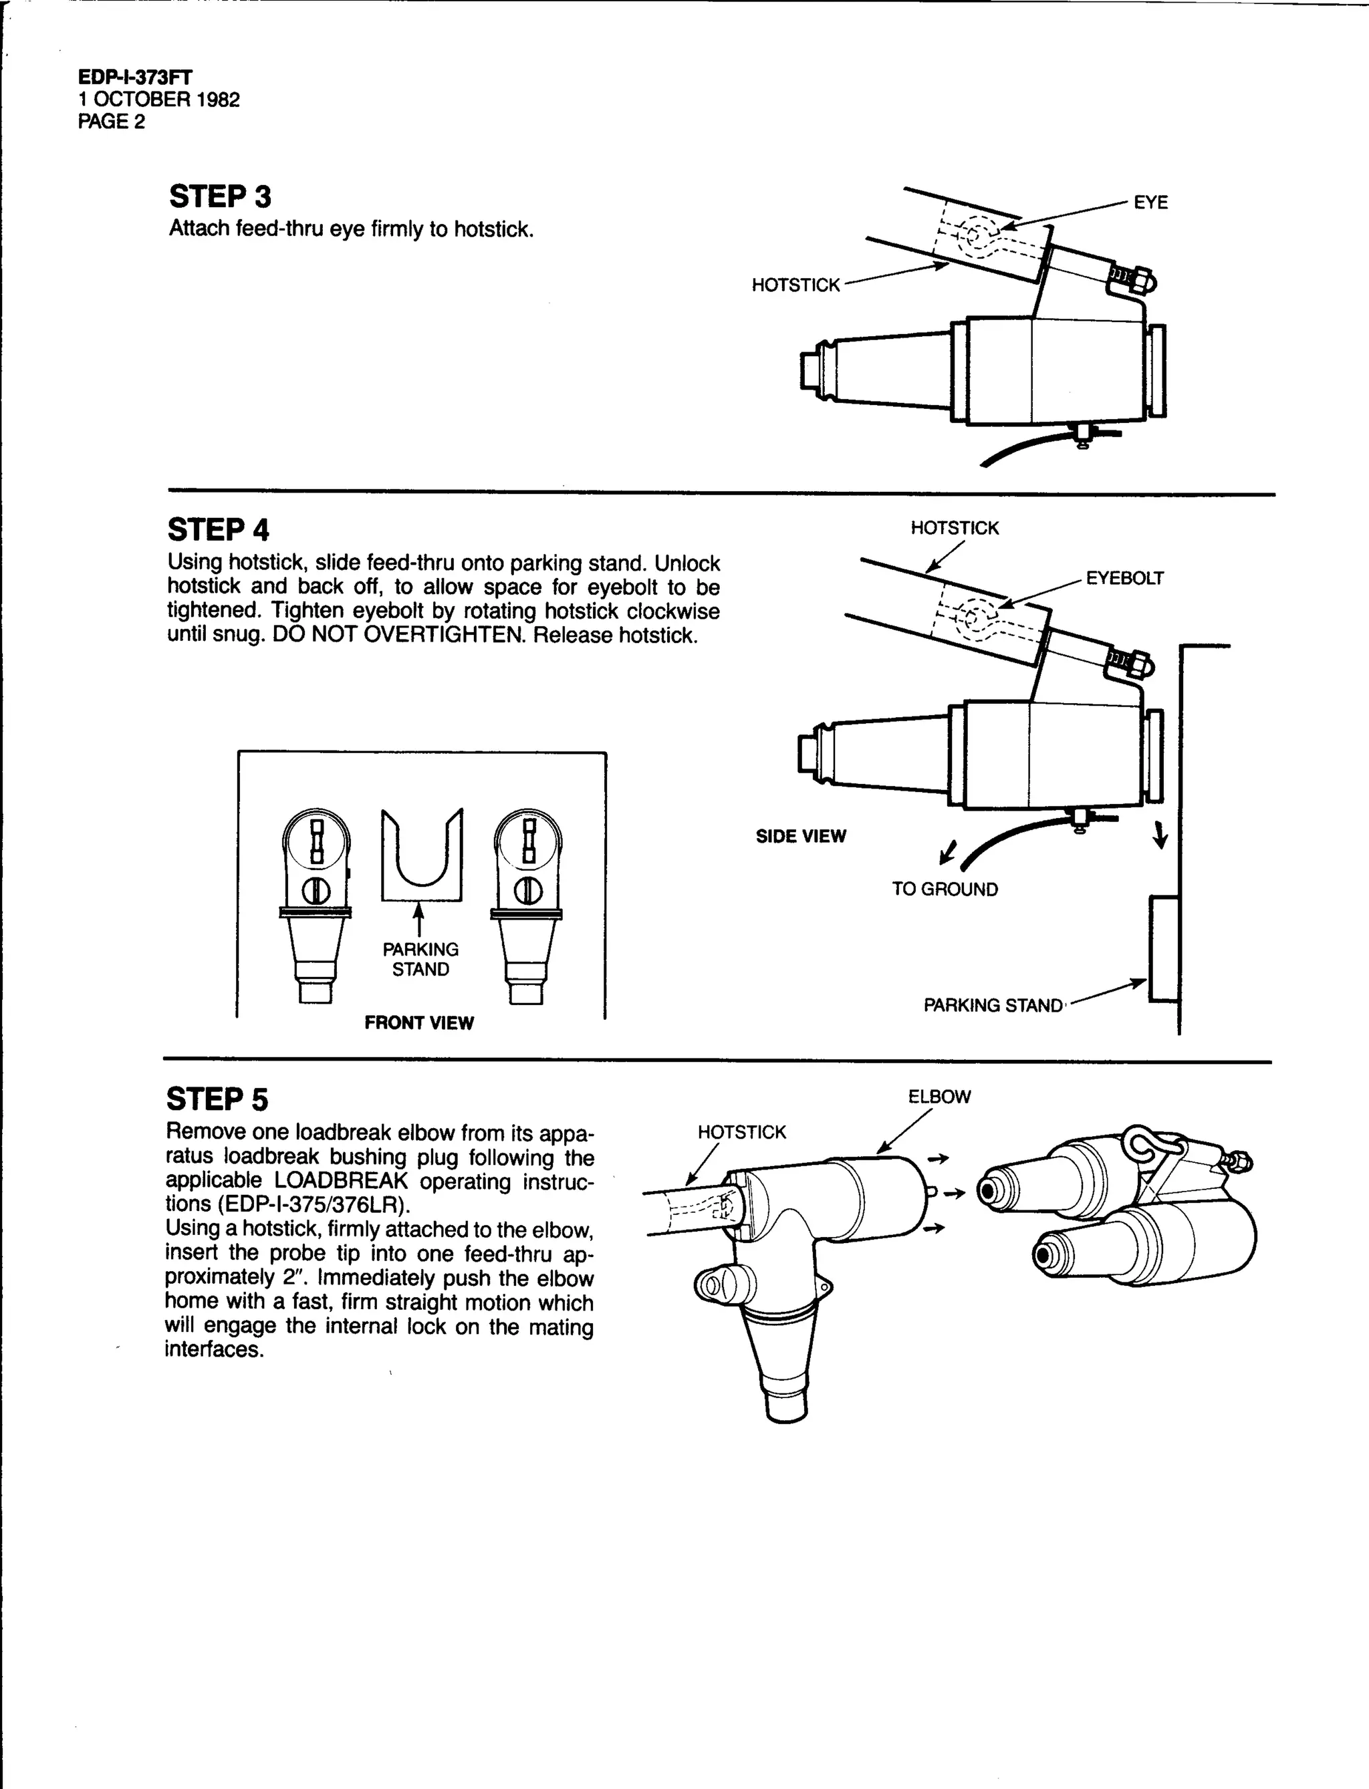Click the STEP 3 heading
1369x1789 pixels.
click(220, 197)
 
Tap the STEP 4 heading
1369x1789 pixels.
click(219, 531)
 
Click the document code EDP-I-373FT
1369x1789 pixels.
click(135, 78)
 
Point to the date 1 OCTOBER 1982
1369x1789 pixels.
click(159, 100)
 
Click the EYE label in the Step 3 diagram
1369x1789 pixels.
click(1150, 202)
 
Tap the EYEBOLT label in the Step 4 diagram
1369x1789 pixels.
click(1124, 579)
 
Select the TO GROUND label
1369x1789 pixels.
click(945, 889)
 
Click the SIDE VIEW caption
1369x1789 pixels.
click(801, 837)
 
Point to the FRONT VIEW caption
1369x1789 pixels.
click(419, 1023)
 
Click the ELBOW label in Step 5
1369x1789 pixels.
click(940, 1097)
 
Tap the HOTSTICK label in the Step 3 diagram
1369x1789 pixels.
click(795, 285)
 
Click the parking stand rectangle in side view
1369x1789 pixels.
click(1164, 949)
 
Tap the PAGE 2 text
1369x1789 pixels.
click(112, 122)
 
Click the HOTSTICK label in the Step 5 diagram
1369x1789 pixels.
click(741, 1132)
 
